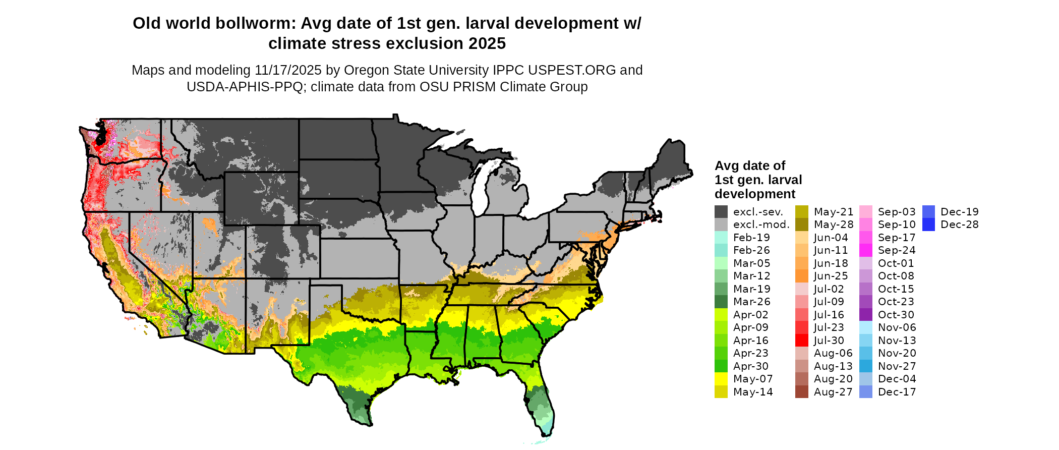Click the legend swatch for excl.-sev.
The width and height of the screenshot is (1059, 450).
721,212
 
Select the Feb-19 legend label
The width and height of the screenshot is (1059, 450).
751,238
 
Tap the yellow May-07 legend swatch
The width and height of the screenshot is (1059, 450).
721,379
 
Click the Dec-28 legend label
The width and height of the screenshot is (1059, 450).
959,224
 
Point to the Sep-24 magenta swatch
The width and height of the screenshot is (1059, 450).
866,250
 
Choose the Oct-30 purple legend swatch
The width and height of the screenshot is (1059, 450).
866,315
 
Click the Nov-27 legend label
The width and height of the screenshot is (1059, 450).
897,366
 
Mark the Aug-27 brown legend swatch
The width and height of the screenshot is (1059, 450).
802,392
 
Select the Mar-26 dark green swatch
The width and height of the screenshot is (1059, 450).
721,302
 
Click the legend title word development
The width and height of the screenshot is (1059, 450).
754,194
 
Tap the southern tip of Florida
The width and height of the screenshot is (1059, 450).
547,433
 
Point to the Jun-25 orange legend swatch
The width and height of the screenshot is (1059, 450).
802,276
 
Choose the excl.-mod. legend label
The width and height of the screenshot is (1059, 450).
761,224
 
